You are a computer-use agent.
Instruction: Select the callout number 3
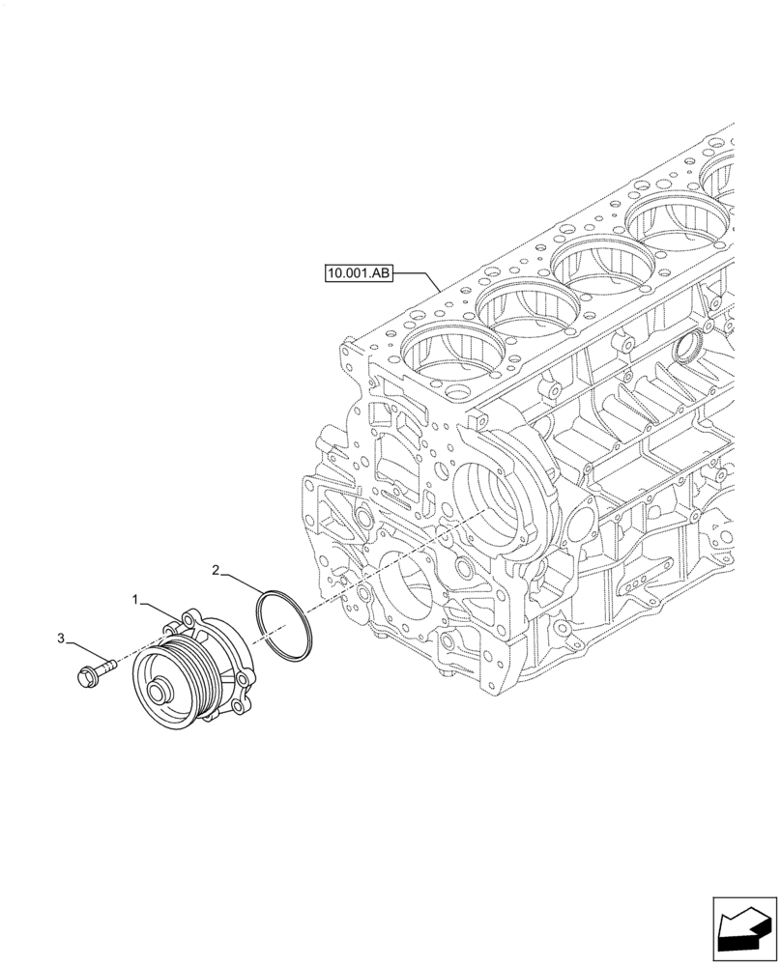[x=61, y=639]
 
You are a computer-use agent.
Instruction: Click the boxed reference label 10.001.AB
[x=359, y=274]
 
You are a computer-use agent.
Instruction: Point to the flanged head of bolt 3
[x=84, y=673]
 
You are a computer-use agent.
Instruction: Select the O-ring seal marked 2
[x=284, y=632]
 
